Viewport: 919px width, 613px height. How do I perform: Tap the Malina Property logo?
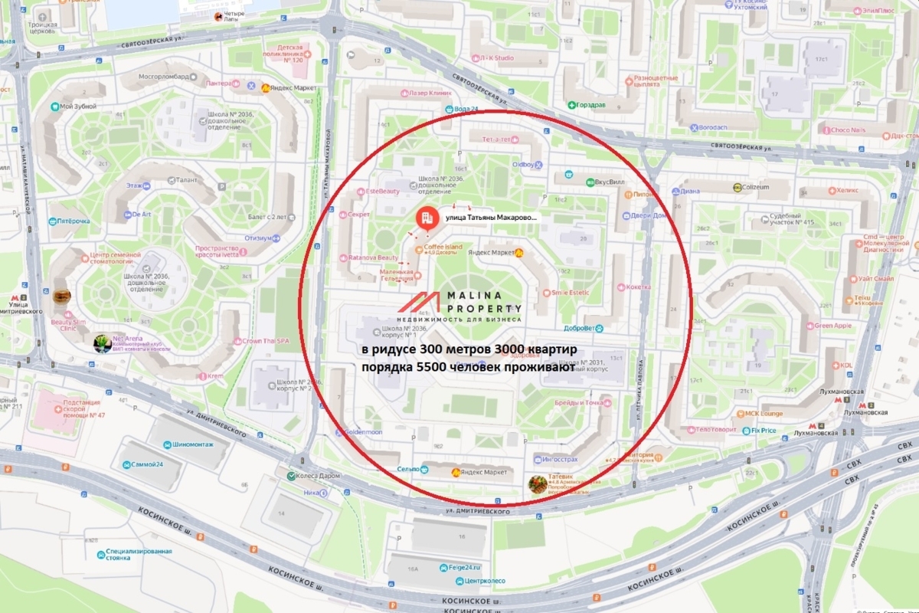click(x=459, y=306)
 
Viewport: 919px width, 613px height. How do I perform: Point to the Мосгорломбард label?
click(x=162, y=77)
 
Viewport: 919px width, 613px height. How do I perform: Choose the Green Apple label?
click(x=832, y=326)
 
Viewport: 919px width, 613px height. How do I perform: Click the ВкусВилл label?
click(x=600, y=182)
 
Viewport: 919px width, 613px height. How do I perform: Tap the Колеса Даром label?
click(x=315, y=476)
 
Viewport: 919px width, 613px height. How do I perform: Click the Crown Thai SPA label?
click(x=265, y=340)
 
